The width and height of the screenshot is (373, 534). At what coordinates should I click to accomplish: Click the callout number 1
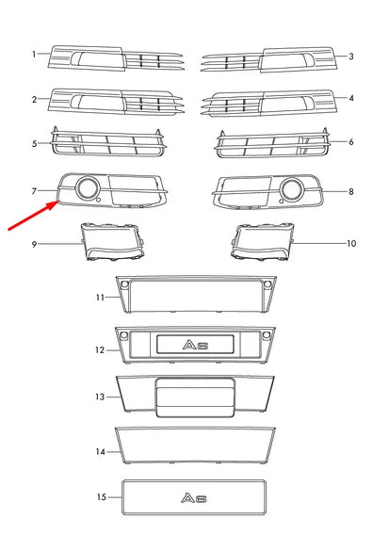coord(35,55)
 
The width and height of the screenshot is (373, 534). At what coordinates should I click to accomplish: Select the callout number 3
coord(350,56)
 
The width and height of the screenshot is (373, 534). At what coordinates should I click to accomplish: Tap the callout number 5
coord(35,144)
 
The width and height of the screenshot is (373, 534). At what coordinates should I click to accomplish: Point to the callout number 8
coord(350,192)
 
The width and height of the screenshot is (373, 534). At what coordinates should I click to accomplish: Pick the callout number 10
coord(352,243)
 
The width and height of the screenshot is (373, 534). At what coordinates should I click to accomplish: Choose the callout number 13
coord(100,396)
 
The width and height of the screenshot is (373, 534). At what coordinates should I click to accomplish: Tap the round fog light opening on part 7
coord(88,190)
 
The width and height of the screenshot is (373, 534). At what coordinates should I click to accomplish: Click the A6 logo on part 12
coord(195,345)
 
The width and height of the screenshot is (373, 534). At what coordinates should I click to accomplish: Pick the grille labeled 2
coord(108,102)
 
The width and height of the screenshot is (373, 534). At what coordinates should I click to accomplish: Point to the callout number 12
coord(100,349)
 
